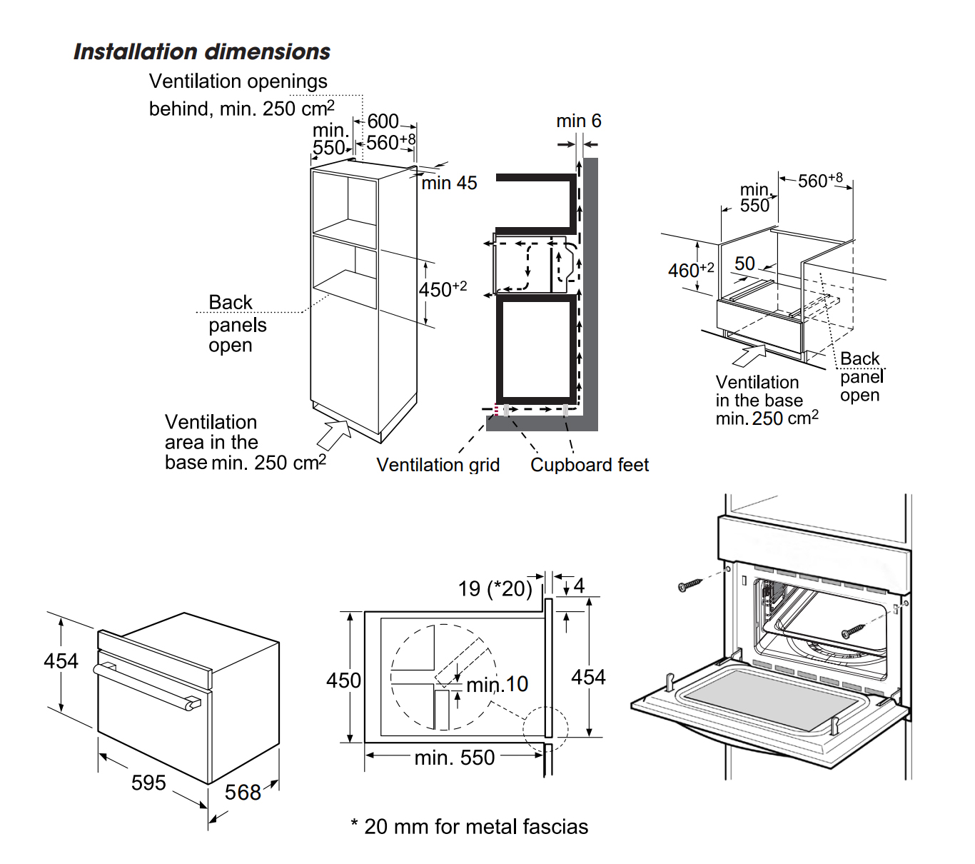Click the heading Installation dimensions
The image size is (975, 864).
point(202,52)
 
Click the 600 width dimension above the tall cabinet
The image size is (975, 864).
point(383,121)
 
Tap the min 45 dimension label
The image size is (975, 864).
point(449,184)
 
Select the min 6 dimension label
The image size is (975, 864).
point(578,121)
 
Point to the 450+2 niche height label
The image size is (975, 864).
point(443,289)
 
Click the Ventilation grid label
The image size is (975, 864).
point(438,465)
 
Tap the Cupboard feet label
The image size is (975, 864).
point(590,465)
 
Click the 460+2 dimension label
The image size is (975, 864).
point(690,270)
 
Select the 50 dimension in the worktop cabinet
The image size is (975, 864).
point(744,263)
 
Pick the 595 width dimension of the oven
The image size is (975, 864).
point(148,783)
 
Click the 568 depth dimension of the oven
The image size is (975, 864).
point(243,793)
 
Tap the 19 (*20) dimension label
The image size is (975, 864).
point(495,588)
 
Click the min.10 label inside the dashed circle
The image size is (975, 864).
point(497,684)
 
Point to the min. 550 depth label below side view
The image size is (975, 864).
point(455,758)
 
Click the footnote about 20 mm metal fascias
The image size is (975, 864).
point(470,827)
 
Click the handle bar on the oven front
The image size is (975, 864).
point(146,685)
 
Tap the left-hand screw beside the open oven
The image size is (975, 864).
point(690,586)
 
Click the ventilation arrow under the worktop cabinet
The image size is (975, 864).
point(750,354)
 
